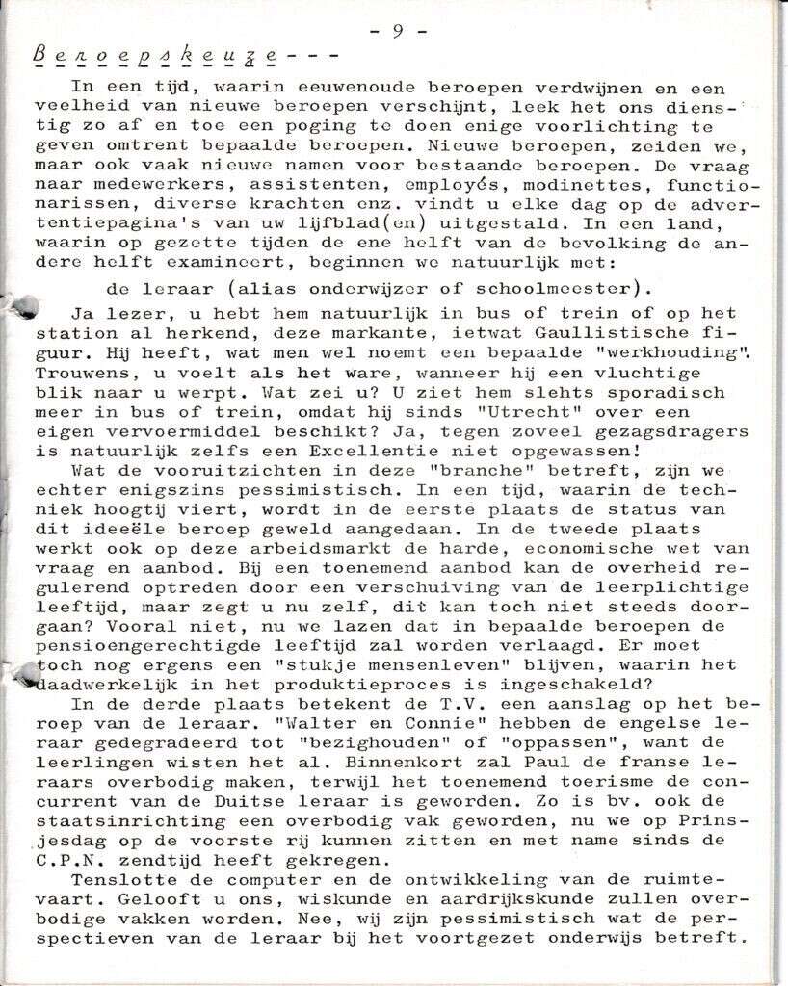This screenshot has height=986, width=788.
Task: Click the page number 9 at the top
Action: [397, 30]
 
